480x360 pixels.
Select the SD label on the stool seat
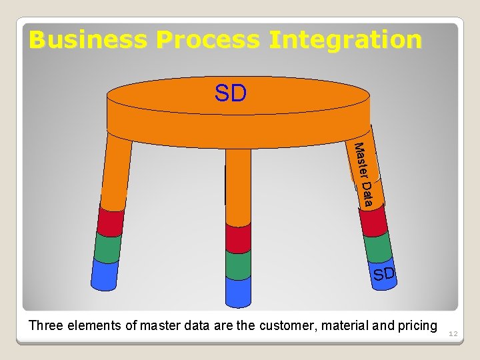(x=231, y=94)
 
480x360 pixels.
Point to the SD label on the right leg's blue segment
(x=384, y=273)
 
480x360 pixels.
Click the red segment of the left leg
(x=111, y=221)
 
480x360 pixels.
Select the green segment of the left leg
(x=107, y=246)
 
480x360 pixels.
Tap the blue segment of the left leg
(x=104, y=275)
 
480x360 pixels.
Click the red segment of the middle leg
(x=238, y=237)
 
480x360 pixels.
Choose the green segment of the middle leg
(x=238, y=265)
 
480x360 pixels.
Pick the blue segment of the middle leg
(x=238, y=291)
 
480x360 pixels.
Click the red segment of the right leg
(x=373, y=222)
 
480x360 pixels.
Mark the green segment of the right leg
(x=378, y=247)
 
